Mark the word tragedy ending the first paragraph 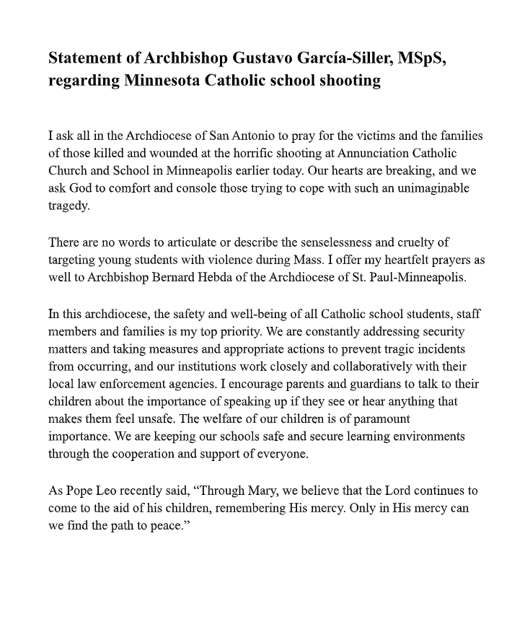click(x=69, y=206)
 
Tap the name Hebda click(x=238, y=276)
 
